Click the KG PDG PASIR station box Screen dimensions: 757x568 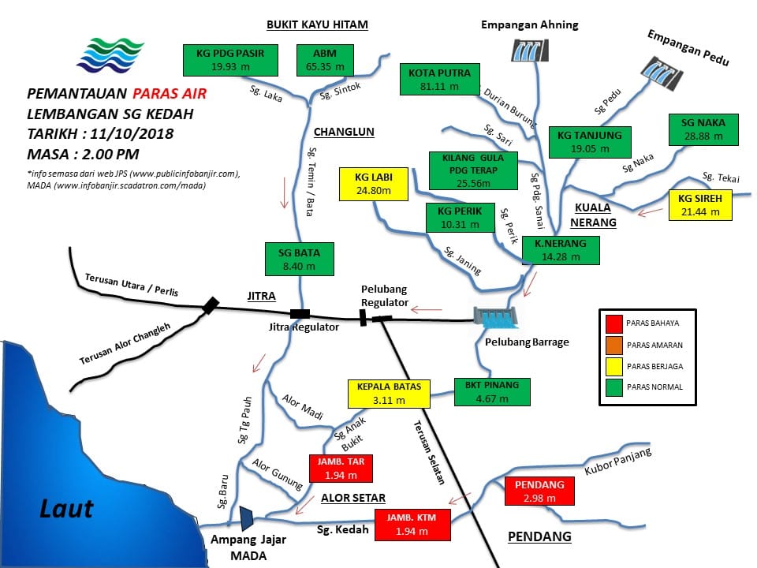[230, 61]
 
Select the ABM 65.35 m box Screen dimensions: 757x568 [325, 61]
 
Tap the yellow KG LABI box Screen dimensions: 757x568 [374, 184]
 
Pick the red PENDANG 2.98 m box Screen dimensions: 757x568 [539, 491]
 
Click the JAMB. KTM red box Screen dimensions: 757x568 [412, 525]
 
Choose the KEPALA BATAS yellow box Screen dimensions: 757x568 [389, 394]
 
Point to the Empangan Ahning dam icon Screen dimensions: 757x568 [530, 50]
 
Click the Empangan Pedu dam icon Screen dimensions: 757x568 [662, 73]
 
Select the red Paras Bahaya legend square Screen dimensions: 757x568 [614, 323]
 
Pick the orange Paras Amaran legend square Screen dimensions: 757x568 [614, 345]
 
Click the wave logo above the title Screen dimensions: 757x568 [110, 54]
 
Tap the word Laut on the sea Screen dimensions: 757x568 [66, 509]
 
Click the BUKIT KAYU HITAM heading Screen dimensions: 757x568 [317, 24]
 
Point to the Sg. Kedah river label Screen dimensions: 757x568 [342, 530]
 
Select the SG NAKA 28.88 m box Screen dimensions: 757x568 [703, 129]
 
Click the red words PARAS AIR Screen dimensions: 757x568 [170, 93]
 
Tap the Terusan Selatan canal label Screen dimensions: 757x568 [429, 452]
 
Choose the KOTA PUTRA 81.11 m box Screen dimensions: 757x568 [439, 79]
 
